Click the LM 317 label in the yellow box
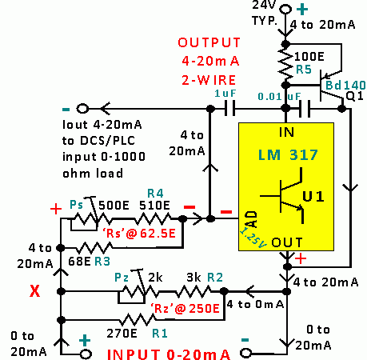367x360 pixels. pos(288,154)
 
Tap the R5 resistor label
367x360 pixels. pos(304,70)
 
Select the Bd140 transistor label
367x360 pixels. pos(345,86)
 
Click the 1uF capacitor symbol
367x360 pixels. pos(229,109)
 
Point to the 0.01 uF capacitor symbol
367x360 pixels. pos(305,109)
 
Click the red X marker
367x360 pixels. pos(35,291)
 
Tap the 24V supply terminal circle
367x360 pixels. pos(285,10)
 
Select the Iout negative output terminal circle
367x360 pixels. pos(82,109)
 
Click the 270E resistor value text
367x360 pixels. pos(122,334)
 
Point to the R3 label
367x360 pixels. pos(102,262)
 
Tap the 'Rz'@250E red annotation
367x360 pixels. pos(185,309)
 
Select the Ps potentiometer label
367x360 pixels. pos(76,205)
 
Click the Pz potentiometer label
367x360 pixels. pos(122,278)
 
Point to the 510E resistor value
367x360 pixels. pos(154,206)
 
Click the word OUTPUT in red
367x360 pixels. pos(209,42)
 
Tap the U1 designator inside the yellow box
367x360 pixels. pos(313,196)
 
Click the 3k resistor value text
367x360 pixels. pos(193,278)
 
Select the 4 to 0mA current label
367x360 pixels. pos(255,304)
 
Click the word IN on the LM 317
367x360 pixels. pos(286,132)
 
